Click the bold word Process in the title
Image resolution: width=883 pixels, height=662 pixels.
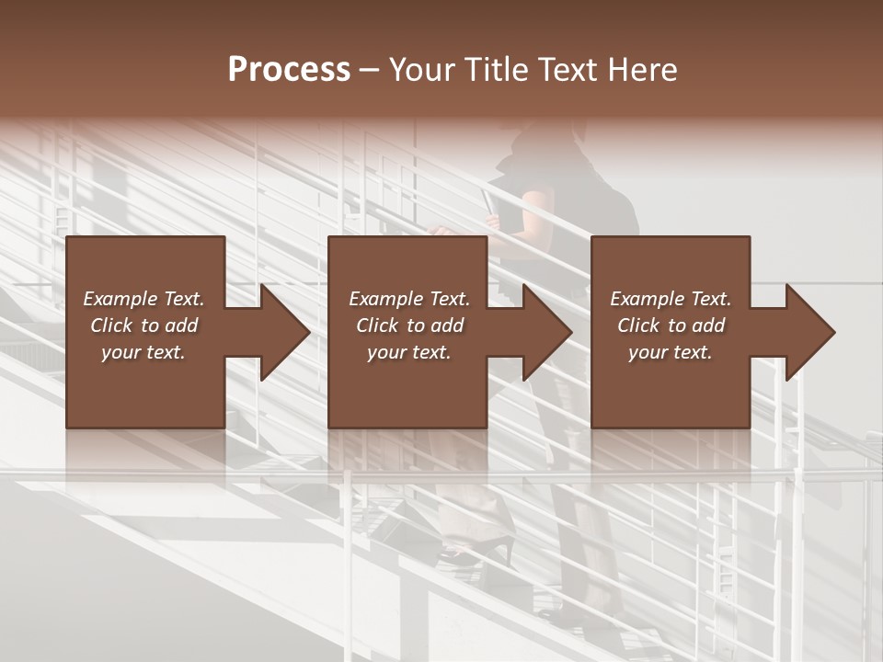[x=289, y=70]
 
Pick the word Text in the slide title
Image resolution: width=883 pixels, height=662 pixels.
[x=573, y=70]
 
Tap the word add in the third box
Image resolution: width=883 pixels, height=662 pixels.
[x=709, y=325]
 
